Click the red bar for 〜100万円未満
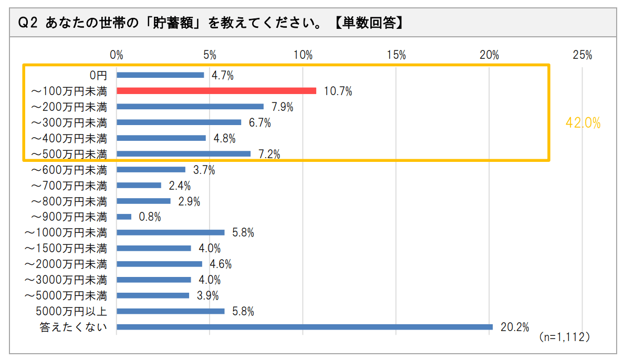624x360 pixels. (216, 90)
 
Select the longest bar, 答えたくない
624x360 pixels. (305, 327)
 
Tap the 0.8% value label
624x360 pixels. (150, 217)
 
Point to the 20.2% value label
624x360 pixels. (514, 327)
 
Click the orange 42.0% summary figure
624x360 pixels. (583, 123)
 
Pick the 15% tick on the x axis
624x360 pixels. (396, 55)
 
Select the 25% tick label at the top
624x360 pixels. (583, 55)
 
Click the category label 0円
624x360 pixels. (98, 75)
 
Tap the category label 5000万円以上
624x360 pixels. (74, 311)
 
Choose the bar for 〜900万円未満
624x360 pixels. (124, 217)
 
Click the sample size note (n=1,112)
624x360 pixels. (564, 337)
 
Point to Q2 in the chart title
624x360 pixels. (27, 23)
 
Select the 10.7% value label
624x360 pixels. (338, 91)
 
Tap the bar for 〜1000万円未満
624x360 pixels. (170, 232)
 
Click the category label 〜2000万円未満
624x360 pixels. (69, 264)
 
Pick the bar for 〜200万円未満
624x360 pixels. (190, 106)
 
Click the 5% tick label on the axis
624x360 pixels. (209, 55)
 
